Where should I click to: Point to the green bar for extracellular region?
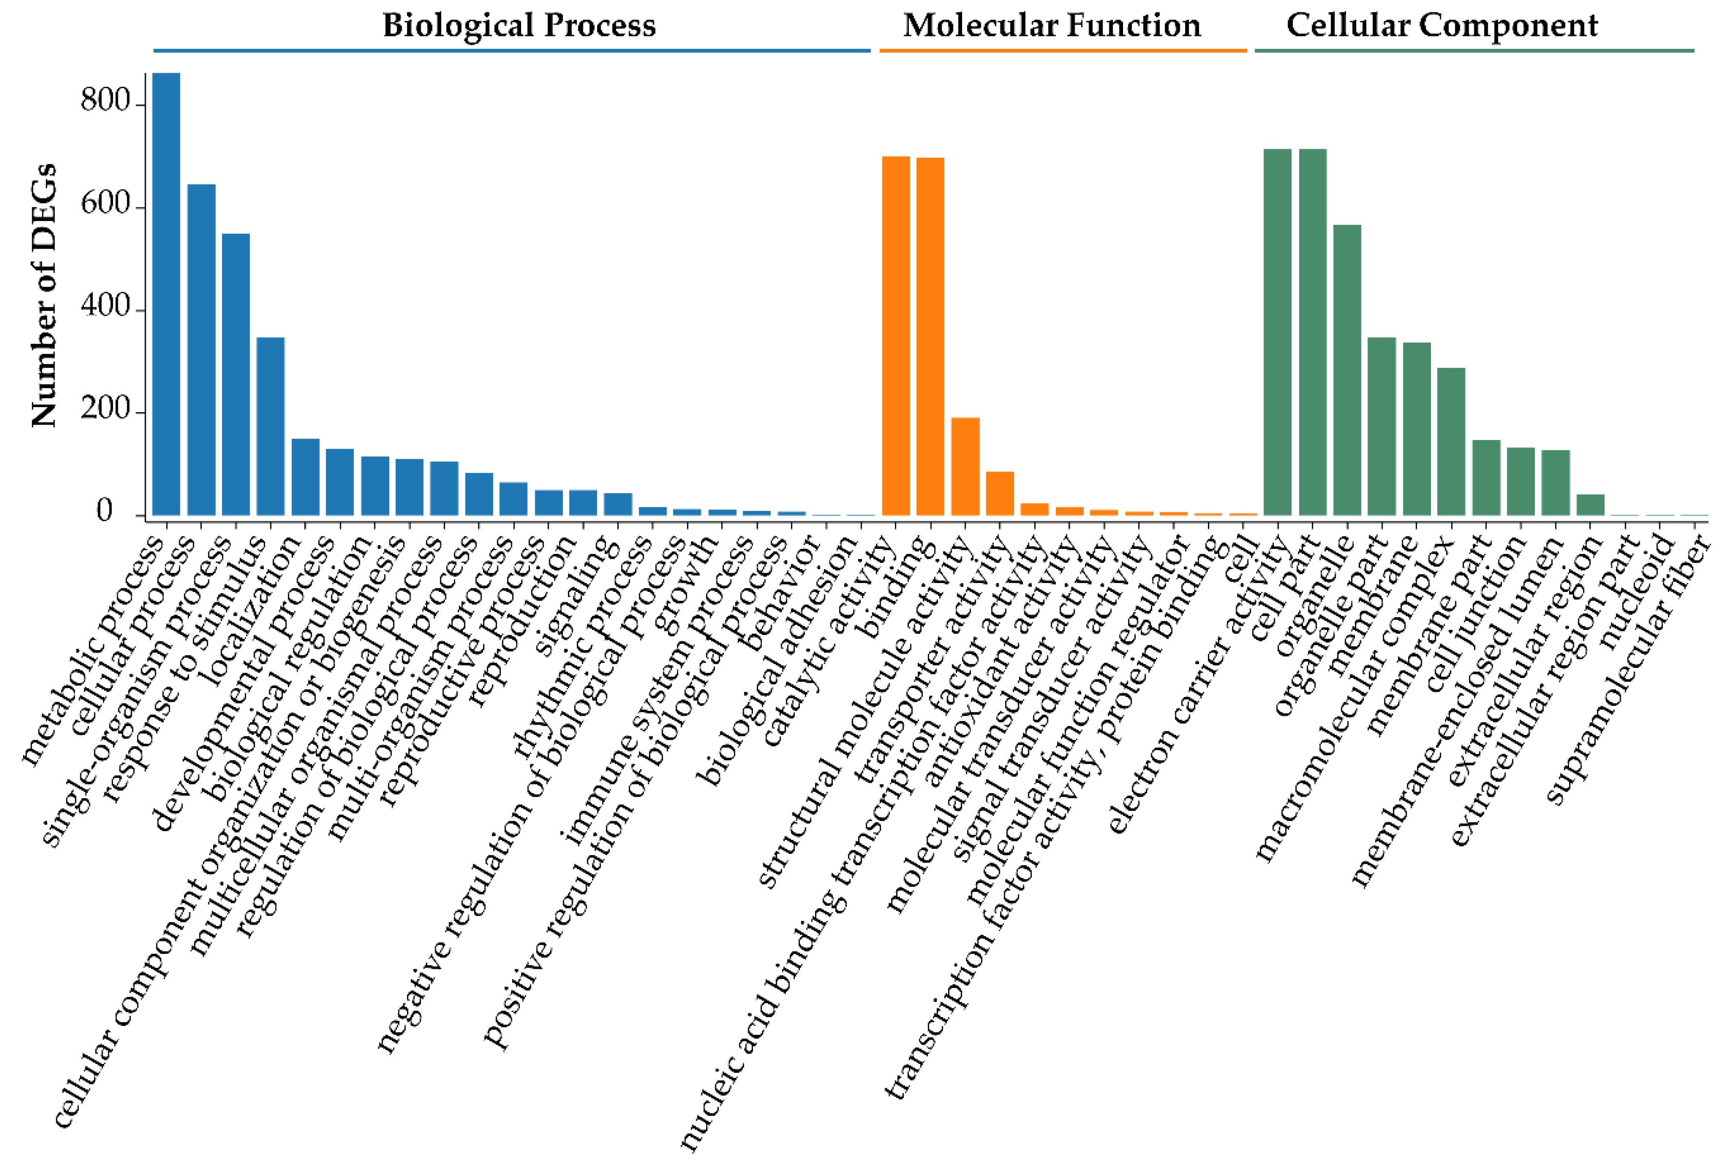tap(1591, 504)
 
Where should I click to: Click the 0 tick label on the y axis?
tap(105, 512)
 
